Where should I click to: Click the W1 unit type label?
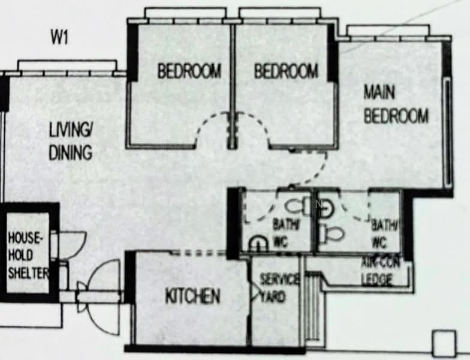pos(60,37)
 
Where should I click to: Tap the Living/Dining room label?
pos(71,142)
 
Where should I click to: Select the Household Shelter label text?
pos(28,256)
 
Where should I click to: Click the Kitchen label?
pos(193,296)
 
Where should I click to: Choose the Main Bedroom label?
pos(396,104)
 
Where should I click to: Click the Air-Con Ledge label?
pos(380,271)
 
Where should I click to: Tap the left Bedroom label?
pos(189,71)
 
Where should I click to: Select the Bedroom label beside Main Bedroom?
pos(286,71)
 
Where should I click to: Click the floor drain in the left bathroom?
pos(258,243)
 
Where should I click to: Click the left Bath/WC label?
pos(285,233)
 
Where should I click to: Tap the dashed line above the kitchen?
pos(198,253)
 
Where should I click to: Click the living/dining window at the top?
pos(67,68)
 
